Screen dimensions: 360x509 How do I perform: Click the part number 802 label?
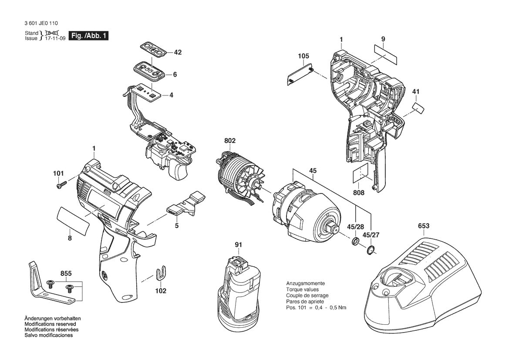tap(229, 141)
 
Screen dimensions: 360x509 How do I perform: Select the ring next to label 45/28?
tap(355, 242)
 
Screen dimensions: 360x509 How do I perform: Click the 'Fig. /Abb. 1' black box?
tap(88, 36)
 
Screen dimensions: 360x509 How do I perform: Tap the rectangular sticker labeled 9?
tap(386, 55)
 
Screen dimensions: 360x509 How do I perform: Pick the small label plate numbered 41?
tap(419, 108)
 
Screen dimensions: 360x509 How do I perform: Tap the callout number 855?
tap(66, 273)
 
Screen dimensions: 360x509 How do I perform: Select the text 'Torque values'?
tap(302, 289)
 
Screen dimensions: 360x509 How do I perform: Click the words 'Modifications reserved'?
tap(50, 324)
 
